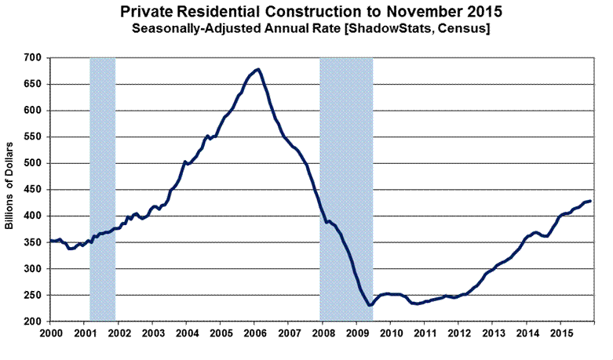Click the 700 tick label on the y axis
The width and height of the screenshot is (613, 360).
(x=32, y=58)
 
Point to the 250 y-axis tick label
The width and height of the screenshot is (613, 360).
(x=32, y=296)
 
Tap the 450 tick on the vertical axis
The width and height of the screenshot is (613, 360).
(x=32, y=190)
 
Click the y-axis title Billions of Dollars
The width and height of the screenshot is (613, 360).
(x=10, y=189)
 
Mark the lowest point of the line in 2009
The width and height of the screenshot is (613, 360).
(x=369, y=305)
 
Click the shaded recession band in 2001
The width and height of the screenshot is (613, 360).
(x=103, y=188)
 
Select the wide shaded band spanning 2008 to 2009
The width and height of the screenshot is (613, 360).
(x=346, y=188)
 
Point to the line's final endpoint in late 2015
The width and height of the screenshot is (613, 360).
(x=591, y=201)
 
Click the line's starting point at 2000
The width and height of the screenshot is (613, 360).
(x=50, y=241)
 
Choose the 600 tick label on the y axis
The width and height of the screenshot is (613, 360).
(x=32, y=111)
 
